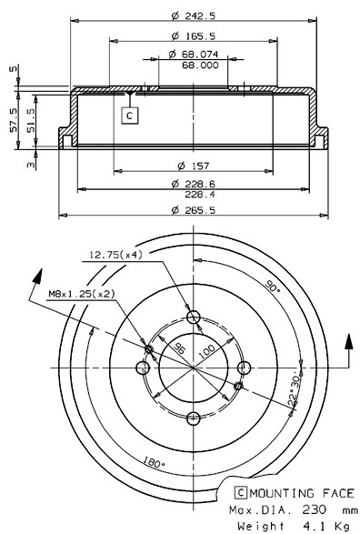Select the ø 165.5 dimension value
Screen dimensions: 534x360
pyautogui.click(x=191, y=35)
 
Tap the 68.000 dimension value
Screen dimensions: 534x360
pyautogui.click(x=199, y=65)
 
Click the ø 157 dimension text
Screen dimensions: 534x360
pyautogui.click(x=192, y=165)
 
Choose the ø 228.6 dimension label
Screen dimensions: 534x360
pyautogui.click(x=192, y=184)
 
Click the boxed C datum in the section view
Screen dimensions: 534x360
pyautogui.click(x=129, y=116)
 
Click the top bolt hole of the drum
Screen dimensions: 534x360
pyautogui.click(x=193, y=317)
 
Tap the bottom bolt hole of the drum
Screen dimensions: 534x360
pyautogui.click(x=193, y=418)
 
